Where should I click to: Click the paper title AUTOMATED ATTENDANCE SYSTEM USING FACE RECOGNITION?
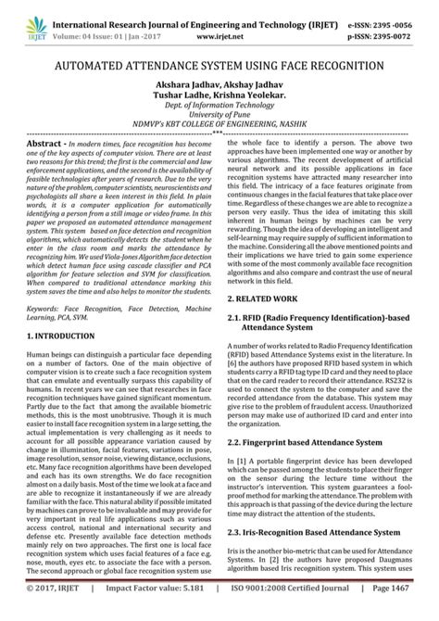[x=219, y=68]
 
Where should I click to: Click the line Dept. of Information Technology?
[x=219, y=108]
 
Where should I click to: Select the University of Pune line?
[x=219, y=119]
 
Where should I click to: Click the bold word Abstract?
[x=44, y=146]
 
